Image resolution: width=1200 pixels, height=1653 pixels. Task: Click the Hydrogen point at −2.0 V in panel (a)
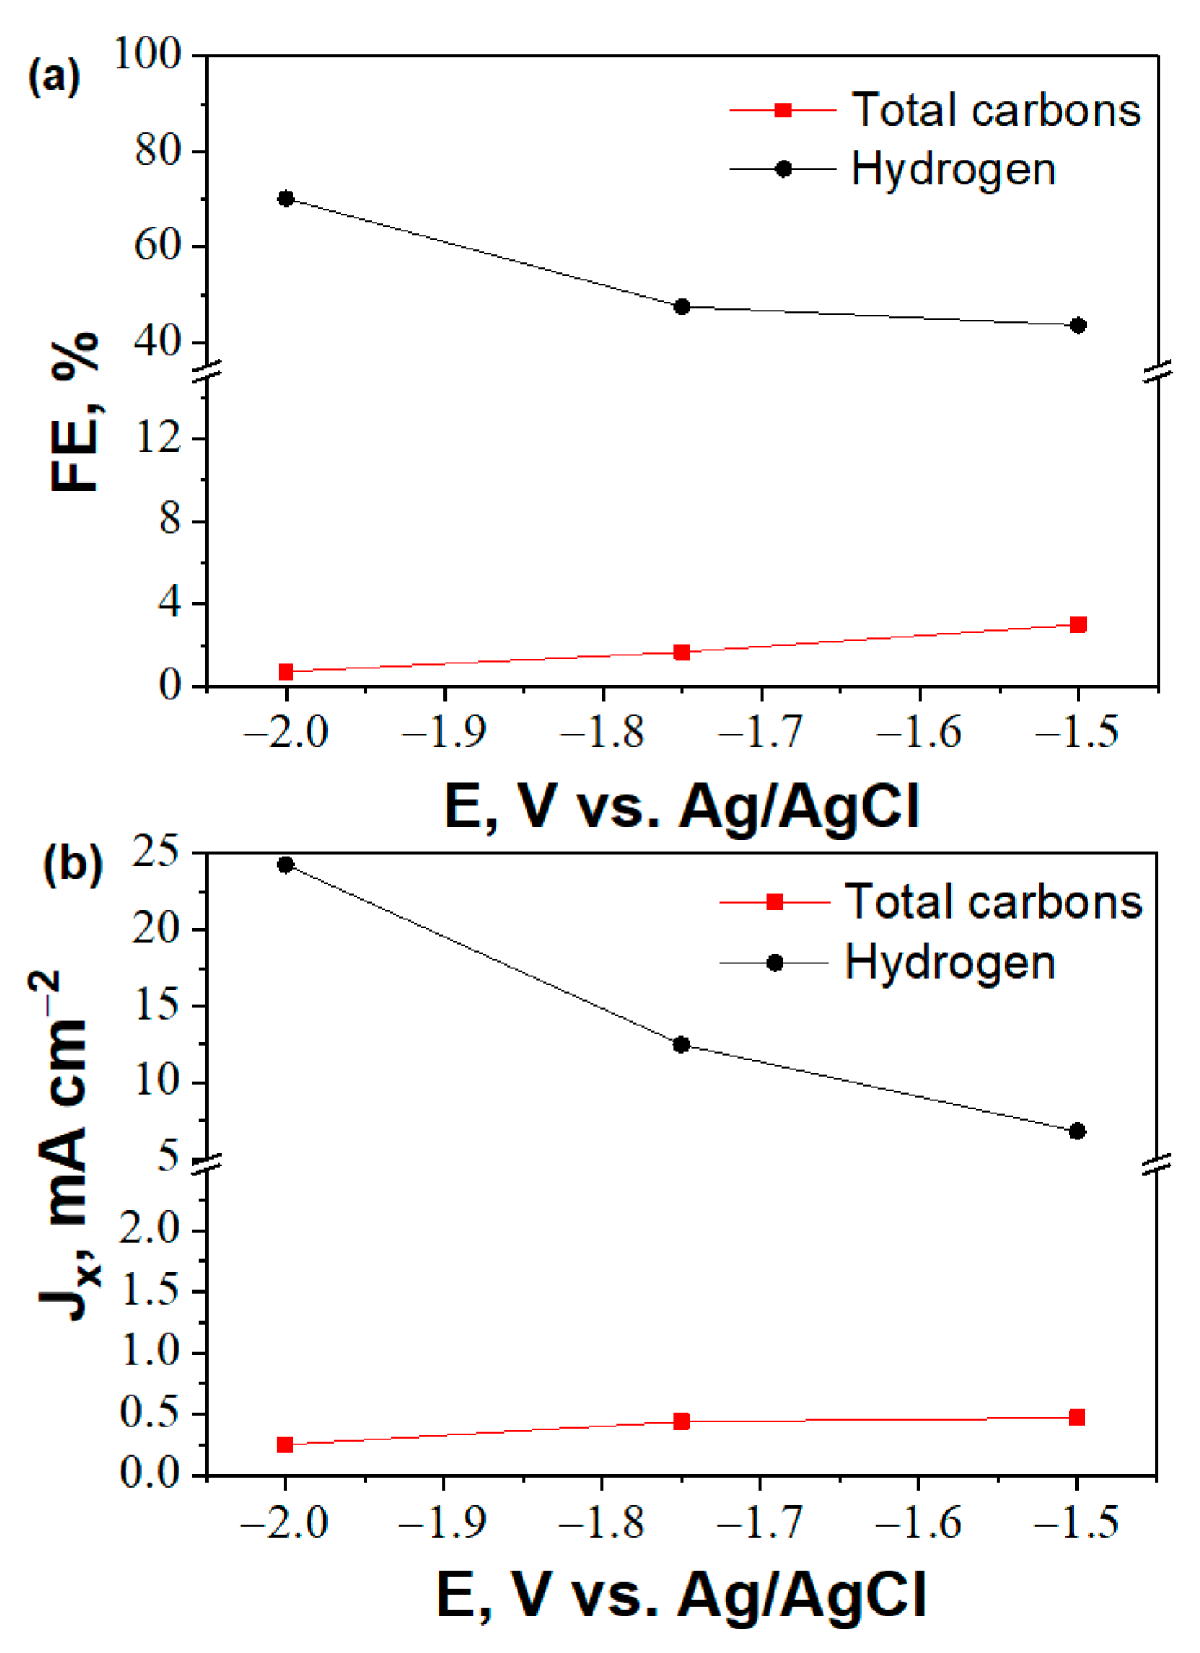(286, 199)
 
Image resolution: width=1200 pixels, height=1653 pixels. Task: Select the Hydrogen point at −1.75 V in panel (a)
(682, 306)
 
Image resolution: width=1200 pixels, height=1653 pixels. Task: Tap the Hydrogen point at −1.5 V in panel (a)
(1078, 325)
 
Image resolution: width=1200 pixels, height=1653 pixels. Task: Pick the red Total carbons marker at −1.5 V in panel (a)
(1078, 624)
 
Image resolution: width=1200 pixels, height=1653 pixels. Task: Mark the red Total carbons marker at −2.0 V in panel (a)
(286, 672)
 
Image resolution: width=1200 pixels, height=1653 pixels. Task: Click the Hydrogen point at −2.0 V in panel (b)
(285, 865)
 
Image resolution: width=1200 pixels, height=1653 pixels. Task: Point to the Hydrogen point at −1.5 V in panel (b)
(1077, 1131)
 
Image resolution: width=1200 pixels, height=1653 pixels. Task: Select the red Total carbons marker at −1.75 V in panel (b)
(682, 1422)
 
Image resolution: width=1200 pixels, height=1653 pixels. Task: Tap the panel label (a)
(54, 79)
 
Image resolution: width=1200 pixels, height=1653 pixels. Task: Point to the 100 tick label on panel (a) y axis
(148, 55)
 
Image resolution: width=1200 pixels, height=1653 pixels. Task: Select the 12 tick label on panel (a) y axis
(158, 439)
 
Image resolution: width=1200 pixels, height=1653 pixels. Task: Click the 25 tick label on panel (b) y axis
(157, 853)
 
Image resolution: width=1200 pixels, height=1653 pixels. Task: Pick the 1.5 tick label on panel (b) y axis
(149, 1292)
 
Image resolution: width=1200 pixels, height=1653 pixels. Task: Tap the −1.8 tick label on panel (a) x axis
(602, 733)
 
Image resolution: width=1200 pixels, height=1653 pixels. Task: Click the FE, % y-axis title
(75, 412)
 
